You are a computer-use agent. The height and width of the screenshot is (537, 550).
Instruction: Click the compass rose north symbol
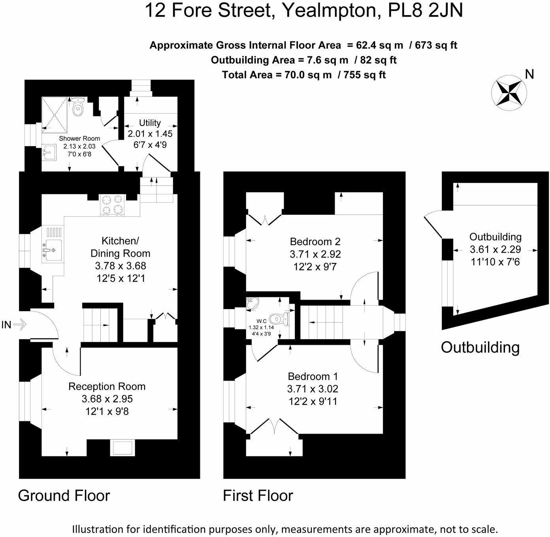point(509,93)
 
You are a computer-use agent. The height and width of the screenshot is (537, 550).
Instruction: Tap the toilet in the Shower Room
point(78,107)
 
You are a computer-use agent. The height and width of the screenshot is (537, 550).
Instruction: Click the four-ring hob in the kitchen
point(113,205)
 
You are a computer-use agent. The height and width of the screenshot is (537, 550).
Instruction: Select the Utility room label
point(150,123)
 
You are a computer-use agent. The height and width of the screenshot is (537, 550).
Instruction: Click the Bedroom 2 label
point(315,241)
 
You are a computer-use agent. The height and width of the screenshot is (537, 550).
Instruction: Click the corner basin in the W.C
point(252,303)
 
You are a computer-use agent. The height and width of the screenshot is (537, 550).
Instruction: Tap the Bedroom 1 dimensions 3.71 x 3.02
point(313,389)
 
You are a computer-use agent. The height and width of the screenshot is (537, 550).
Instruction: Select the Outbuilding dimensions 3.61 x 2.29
point(495,250)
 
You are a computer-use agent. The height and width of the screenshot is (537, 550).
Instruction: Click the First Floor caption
point(258,496)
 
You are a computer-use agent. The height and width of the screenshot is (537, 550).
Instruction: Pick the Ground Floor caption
point(64,496)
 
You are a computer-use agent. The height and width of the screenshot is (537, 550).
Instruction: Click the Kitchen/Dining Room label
point(121,247)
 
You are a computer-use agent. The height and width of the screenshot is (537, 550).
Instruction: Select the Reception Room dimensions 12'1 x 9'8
point(107,411)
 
